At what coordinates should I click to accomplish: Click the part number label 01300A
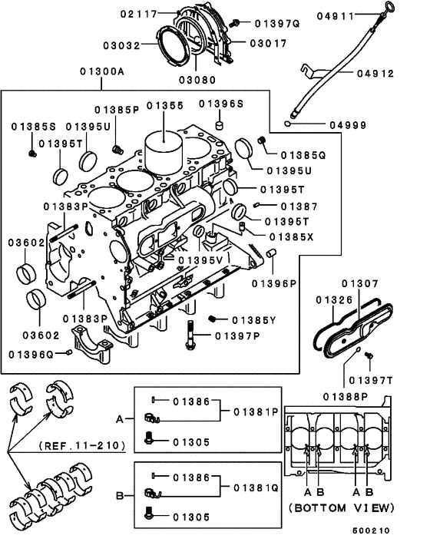[x=101, y=72]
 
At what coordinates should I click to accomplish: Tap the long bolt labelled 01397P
[x=190, y=336]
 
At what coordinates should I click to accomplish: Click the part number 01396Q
[x=31, y=354]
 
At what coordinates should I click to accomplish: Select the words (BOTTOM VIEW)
[x=341, y=507]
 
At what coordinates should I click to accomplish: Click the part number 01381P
[x=256, y=411]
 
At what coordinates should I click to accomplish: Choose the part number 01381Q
[x=256, y=487]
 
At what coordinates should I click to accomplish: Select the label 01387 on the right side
[x=299, y=206]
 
